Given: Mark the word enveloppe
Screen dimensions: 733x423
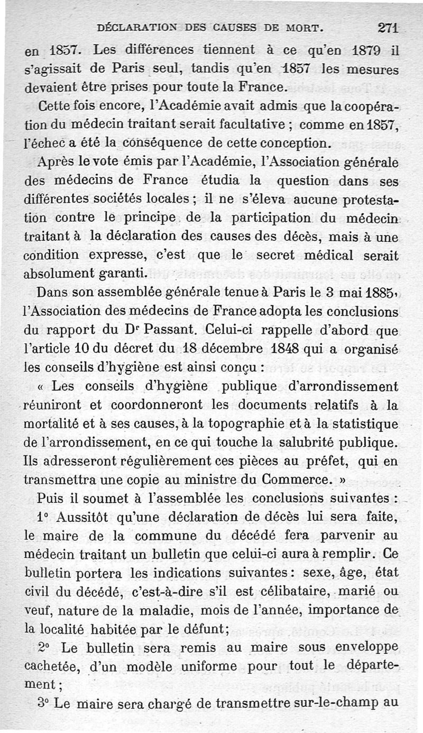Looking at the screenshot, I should pos(365,647).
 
